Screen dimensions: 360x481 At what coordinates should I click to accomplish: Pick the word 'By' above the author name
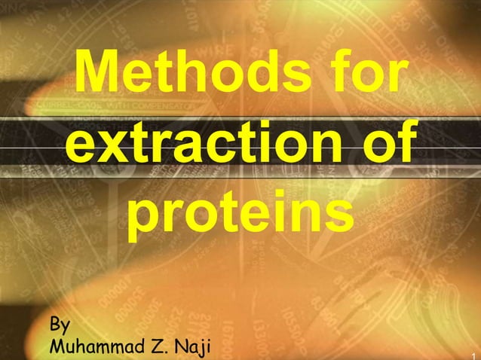click(x=60, y=325)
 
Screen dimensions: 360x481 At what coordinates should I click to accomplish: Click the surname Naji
click(x=192, y=347)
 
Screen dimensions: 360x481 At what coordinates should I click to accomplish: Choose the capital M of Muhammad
click(x=55, y=347)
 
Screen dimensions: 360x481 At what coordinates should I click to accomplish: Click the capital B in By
click(x=54, y=325)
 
